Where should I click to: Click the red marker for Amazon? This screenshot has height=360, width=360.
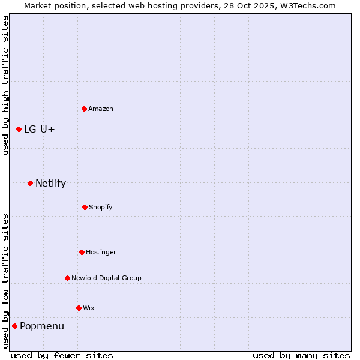pyautogui.click(x=84, y=109)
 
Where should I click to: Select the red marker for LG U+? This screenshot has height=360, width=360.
pyautogui.click(x=19, y=129)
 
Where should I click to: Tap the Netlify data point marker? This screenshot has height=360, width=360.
pyautogui.click(x=30, y=183)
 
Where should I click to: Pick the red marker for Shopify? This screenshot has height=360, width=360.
pyautogui.click(x=85, y=207)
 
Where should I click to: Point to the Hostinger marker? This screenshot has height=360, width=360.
pyautogui.click(x=82, y=252)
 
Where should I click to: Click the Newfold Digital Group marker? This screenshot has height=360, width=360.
pyautogui.click(x=67, y=278)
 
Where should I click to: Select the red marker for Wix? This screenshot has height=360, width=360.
pyautogui.click(x=79, y=308)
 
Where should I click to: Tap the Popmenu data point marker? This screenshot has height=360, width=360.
pyautogui.click(x=14, y=326)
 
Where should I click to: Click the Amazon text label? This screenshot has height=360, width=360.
pyautogui.click(x=101, y=109)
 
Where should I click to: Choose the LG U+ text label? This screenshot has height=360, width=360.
pyautogui.click(x=40, y=129)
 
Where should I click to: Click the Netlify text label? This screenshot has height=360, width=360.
pyautogui.click(x=50, y=183)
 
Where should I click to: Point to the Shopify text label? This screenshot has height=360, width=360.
pyautogui.click(x=101, y=207)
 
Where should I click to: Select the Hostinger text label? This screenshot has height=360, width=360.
pyautogui.click(x=101, y=252)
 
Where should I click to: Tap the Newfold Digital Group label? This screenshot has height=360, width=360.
pyautogui.click(x=106, y=278)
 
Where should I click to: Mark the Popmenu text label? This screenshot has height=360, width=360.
pyautogui.click(x=42, y=326)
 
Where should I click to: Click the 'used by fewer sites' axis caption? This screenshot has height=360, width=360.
pyautogui.click(x=62, y=355)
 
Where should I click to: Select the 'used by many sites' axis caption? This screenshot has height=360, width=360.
pyautogui.click(x=301, y=355)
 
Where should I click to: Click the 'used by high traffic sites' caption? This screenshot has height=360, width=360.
pyautogui.click(x=5, y=85)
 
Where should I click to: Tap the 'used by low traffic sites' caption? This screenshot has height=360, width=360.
pyautogui.click(x=5, y=281)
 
